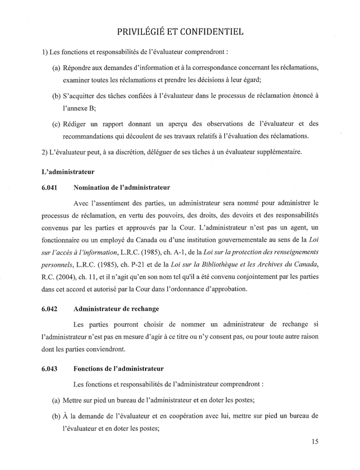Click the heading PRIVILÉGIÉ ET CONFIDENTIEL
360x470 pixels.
pos(179,30)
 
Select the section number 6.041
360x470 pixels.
pos(51,188)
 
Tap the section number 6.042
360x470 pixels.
pos(51,308)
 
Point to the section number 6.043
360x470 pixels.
pos(51,369)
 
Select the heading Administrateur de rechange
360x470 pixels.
pos(117,308)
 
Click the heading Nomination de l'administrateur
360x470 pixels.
pos(122,188)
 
